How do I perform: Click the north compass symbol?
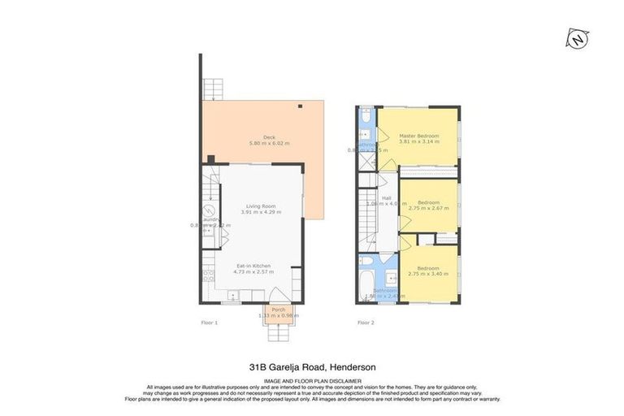tap(578, 38)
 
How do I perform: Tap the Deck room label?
tap(269, 136)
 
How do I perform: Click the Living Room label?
tap(262, 206)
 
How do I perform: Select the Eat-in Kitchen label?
tap(253, 266)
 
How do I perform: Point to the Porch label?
tap(279, 310)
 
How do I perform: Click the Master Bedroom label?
tap(418, 135)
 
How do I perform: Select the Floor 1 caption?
tap(210, 323)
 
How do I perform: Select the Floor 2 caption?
tap(366, 323)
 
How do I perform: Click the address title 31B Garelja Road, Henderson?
tap(312, 366)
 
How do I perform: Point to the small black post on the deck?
tap(301, 105)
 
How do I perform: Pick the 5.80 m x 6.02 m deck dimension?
tap(269, 143)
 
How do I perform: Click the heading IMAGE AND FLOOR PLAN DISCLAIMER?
tap(312, 379)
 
